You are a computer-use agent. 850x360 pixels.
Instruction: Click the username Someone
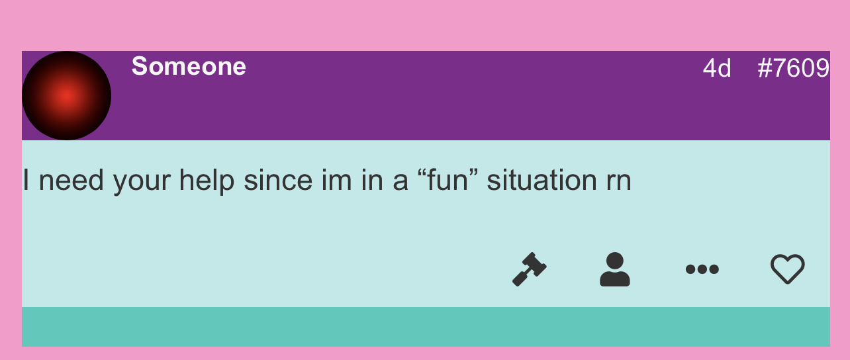[189, 66]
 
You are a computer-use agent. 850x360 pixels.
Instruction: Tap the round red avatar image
[66, 95]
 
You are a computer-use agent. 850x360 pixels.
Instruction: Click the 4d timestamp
[716, 68]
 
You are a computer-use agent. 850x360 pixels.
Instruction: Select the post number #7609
[793, 68]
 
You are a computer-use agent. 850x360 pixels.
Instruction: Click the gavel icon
[530, 269]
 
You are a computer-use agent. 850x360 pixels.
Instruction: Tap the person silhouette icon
[615, 269]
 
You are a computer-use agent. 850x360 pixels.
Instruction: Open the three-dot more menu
[702, 269]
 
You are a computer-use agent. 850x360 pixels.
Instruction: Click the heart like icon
[787, 269]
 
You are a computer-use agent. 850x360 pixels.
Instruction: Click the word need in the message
[71, 180]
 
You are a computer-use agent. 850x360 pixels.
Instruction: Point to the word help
[207, 181]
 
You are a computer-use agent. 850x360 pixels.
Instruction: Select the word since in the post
[278, 180]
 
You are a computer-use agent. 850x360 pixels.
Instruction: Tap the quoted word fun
[447, 180]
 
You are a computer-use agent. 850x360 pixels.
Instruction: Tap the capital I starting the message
[26, 180]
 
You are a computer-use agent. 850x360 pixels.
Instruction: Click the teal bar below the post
[426, 327]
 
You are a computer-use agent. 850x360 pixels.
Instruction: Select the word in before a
[372, 180]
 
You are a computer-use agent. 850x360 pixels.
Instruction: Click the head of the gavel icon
[535, 263]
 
